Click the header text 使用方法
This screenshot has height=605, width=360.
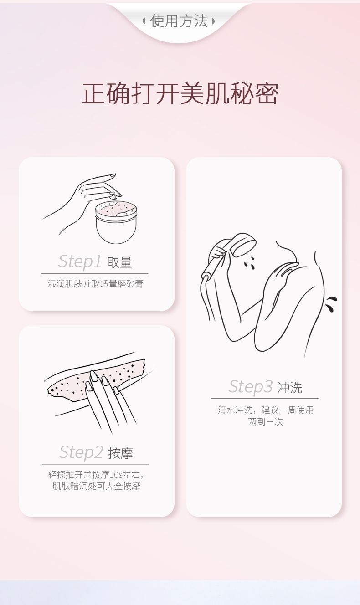pos(179,21)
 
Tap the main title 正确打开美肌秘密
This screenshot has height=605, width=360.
pos(180,93)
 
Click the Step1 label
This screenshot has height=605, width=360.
pos(80,261)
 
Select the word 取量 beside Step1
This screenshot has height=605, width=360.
pos(119,262)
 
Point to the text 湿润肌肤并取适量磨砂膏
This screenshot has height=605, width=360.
pos(95,284)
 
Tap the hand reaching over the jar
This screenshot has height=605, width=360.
pos(84,200)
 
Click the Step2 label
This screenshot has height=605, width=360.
pos(81,452)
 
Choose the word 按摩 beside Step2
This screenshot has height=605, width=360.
pos(120,453)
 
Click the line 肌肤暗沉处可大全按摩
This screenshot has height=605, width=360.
pos(96,486)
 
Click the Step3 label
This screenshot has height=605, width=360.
pos(250,386)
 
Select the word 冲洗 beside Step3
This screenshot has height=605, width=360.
pos(289,388)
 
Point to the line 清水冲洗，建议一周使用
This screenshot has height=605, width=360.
pos(266,410)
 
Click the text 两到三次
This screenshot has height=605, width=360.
pos(266,421)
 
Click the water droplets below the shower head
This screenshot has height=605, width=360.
pos(250,263)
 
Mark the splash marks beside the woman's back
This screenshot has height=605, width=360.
pos(331,304)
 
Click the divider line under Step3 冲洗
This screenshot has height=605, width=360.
pos(265,398)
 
